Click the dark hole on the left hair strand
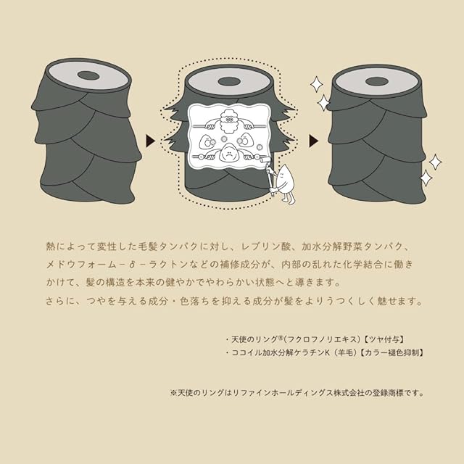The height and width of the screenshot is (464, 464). pos(88,75)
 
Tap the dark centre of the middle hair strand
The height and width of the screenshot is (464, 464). pos(228,81)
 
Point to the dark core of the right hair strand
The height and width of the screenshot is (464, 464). pos(377,81)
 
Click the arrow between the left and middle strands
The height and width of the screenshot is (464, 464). pos(151,141)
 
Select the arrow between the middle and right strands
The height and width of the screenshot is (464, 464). pos(313,141)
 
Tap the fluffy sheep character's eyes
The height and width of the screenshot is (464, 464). pos(228,120)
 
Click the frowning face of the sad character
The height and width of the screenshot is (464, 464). pos(228,154)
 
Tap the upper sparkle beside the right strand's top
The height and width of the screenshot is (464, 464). pos(316,84)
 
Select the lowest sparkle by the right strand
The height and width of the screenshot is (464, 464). pos(426,178)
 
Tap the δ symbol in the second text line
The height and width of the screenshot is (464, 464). pos(132,264)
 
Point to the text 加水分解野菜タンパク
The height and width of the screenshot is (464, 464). pos(352,246)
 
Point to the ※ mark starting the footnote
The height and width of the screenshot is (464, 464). pos(174,393)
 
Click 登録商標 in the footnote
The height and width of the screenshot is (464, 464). pos(387,393)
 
